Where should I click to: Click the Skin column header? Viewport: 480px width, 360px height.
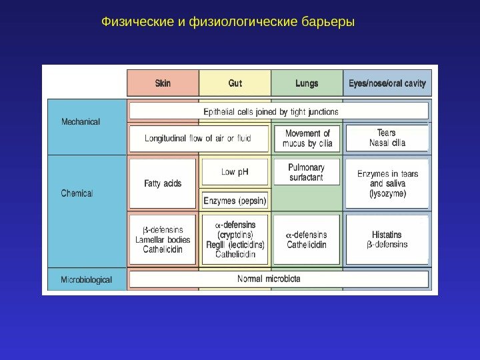pos(163,83)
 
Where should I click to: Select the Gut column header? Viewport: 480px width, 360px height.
pos(235,83)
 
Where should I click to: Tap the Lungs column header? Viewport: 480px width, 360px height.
pos(307,83)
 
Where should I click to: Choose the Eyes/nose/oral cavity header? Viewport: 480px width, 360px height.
pos(387,83)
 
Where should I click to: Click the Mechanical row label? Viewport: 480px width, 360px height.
pos(81,122)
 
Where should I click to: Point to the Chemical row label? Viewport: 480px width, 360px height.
pos(77,193)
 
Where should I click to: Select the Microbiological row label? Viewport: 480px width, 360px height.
pos(87,279)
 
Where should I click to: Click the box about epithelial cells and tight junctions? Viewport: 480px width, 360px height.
pos(279,111)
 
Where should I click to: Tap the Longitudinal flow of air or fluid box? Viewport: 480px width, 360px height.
pos(199,139)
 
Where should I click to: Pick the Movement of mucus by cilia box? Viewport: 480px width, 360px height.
pos(307,139)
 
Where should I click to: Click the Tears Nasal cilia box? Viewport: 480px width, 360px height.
pos(387,138)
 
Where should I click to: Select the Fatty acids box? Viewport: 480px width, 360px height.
pos(163,183)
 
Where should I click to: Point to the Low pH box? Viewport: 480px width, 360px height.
pos(235,172)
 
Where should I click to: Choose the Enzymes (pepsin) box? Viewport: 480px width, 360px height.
pos(235,200)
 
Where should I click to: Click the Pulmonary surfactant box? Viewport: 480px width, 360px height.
pos(307,172)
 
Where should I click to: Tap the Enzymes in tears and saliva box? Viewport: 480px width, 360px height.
pos(387,183)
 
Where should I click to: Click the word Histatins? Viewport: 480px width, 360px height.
pos(387,235)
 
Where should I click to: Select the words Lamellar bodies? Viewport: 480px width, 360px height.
pos(163,239)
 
